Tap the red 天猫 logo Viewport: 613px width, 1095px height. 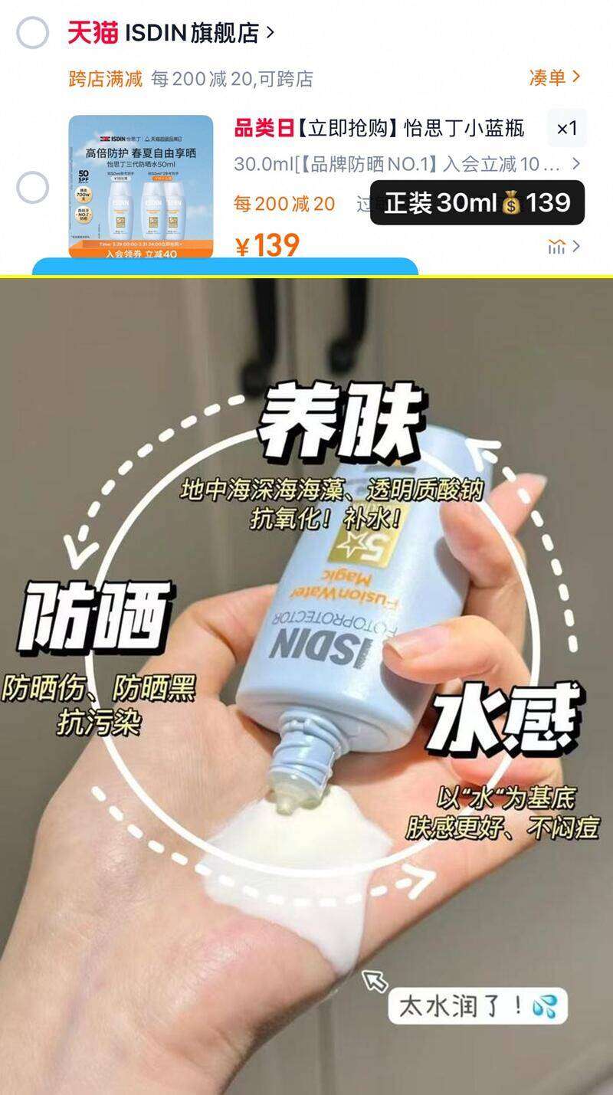tap(93, 33)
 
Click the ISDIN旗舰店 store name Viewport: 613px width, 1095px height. tap(192, 33)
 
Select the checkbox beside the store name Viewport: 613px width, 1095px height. tap(33, 33)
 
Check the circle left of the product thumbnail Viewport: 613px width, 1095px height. tap(33, 188)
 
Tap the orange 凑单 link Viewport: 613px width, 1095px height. tap(547, 77)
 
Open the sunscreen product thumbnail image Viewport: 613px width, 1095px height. tap(141, 186)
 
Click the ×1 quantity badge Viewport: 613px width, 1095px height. tap(567, 128)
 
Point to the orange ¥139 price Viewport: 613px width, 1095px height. tap(267, 245)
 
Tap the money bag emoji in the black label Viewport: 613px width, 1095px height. tap(511, 203)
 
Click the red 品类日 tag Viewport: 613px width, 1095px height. tap(264, 128)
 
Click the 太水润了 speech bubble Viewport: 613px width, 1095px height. tap(477, 1005)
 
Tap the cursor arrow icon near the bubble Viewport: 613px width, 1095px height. tap(375, 980)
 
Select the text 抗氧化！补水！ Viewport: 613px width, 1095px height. tap(326, 518)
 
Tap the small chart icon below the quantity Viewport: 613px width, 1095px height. tap(557, 247)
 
